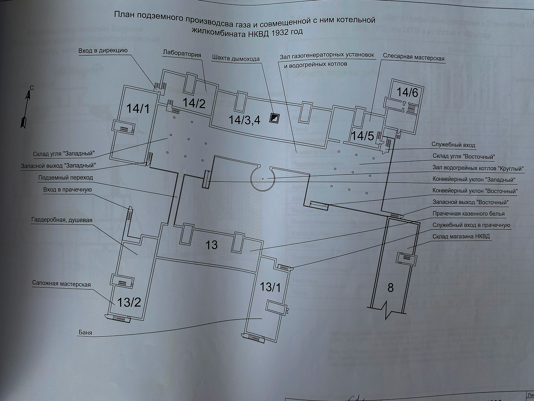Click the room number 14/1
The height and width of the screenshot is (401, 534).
click(x=138, y=108)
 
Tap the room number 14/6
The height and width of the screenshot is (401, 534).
click(x=407, y=92)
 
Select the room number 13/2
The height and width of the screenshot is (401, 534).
click(x=129, y=302)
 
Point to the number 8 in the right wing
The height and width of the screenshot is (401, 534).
click(x=390, y=287)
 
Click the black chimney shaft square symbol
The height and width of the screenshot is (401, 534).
click(x=274, y=118)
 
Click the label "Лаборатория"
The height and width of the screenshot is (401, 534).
click(x=182, y=54)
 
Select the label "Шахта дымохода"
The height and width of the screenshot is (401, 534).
click(x=236, y=59)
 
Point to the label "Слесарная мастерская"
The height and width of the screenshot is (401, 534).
click(x=413, y=58)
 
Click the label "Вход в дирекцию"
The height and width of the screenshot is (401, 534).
click(x=103, y=51)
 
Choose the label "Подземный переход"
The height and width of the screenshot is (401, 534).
click(x=66, y=177)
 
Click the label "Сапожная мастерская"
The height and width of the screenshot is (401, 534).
click(x=61, y=284)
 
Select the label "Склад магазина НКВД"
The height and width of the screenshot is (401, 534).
click(x=461, y=237)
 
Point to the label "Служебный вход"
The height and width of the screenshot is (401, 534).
click(x=453, y=145)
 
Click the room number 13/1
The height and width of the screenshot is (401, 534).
click(x=271, y=287)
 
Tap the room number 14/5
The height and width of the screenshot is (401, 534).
click(x=363, y=136)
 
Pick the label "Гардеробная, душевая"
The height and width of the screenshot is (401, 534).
click(x=62, y=220)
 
